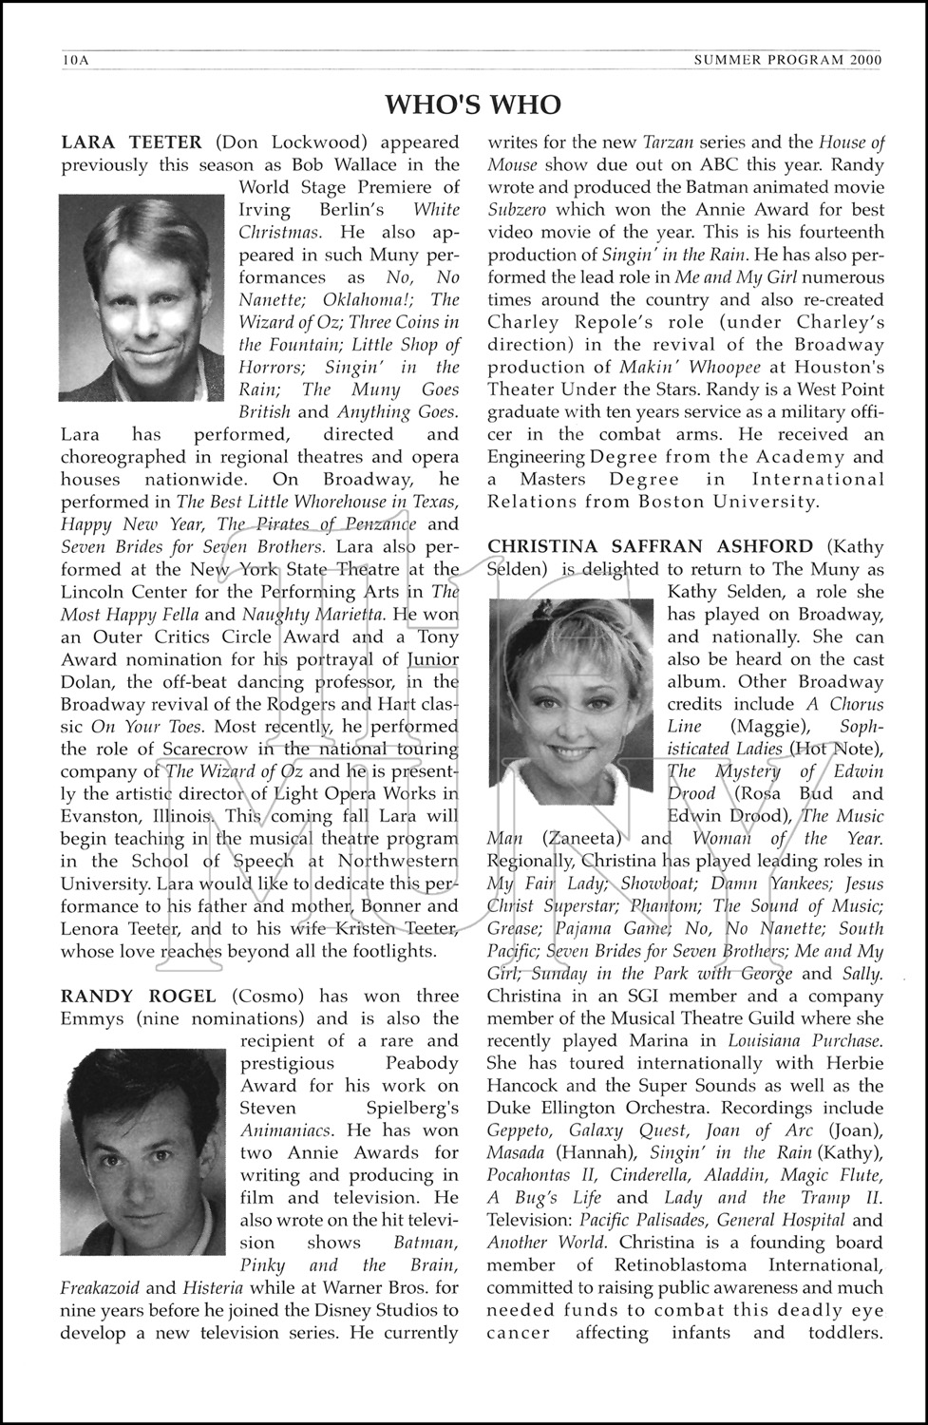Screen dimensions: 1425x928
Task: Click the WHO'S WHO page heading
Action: coord(473,104)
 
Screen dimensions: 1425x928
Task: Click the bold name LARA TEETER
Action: coord(131,142)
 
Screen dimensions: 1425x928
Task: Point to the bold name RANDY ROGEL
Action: coord(138,996)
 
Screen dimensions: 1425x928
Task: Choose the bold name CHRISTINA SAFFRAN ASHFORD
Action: coord(650,546)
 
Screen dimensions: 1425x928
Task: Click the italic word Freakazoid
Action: coord(100,1288)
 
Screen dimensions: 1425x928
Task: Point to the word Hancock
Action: coord(524,1086)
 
